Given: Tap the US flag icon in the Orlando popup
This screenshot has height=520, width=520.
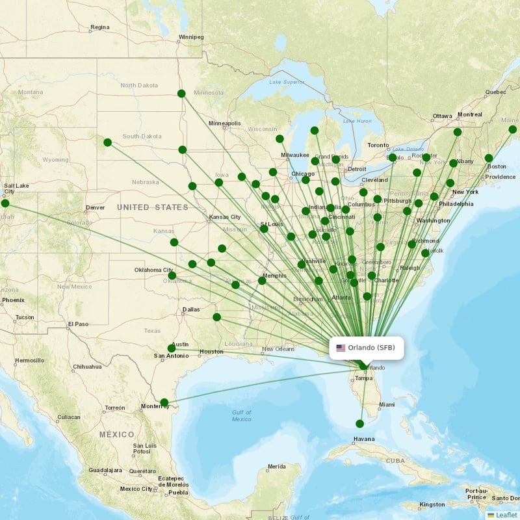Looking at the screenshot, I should pos(341,348).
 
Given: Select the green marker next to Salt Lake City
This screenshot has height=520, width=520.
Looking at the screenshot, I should pos(5,203).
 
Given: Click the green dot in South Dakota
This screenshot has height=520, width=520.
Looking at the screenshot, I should pos(107,142).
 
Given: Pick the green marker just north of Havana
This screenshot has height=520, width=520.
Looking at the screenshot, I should pos(359,424).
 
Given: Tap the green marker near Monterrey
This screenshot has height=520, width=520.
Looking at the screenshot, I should pos(164,402).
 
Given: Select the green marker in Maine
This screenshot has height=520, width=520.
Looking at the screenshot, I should pos(512,129).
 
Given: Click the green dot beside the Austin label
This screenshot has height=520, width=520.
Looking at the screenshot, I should pos(172,348).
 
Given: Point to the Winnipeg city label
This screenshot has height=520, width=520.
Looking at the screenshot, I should pos(191,37).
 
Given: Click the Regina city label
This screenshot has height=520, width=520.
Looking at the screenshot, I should pos(100,27).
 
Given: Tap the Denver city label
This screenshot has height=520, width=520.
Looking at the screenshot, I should pos(95,209).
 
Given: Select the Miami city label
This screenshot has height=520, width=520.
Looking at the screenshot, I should pos(387,405).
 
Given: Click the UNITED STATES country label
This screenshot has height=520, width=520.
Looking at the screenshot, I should pos(153,207).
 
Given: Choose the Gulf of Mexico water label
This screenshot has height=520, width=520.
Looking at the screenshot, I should pos(241,416).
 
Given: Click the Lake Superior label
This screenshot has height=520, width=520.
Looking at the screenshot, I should pos(287,82).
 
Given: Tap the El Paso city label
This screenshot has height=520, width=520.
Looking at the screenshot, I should pos(77,324).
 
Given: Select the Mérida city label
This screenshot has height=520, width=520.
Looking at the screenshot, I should pos(276,467).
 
